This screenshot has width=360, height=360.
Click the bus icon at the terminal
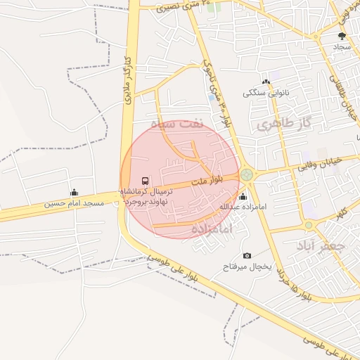(x=146, y=181)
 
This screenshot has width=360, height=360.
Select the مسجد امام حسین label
(x=74, y=204)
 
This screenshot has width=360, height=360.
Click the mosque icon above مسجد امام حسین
(x=74, y=193)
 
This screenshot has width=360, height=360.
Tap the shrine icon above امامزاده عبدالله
(x=243, y=196)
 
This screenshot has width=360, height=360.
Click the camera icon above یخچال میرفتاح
(x=247, y=255)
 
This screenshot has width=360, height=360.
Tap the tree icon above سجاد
(x=342, y=35)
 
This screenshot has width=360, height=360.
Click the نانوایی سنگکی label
(x=266, y=93)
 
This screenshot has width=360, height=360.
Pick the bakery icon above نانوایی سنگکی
(x=266, y=82)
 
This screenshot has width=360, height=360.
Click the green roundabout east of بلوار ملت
(x=247, y=174)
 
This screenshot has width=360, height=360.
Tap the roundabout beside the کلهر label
(x=309, y=225)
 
